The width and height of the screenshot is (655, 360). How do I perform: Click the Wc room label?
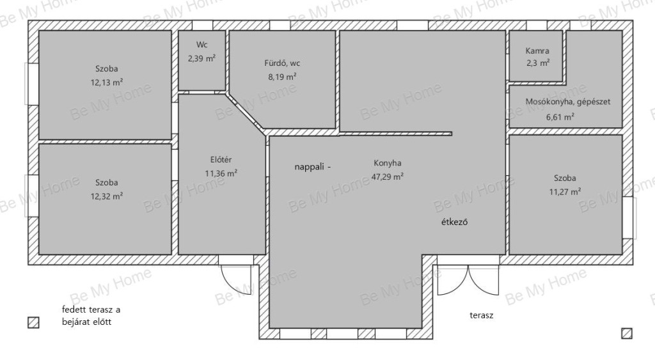pos(201,45)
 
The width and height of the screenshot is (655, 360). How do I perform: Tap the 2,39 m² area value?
pos(201,58)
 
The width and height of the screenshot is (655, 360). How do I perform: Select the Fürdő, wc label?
pos(282,63)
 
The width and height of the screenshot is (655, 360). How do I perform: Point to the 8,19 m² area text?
pos(282,77)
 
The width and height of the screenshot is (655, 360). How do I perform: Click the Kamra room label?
pos(537,51)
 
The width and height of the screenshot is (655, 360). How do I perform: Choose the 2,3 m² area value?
pos(537,63)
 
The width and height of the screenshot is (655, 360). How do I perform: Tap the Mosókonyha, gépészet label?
pos(568,102)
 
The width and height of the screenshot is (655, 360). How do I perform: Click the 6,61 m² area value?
pos(560,117)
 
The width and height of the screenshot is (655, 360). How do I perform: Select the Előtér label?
pos(221,159)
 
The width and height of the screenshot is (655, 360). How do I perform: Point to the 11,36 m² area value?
pos(221,173)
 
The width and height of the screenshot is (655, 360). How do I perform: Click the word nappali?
pos(309,167)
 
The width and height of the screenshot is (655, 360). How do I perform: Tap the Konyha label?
pos(387,163)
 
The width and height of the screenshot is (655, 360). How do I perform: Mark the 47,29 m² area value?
pos(387,176)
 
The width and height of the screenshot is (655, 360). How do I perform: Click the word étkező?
pos(455,222)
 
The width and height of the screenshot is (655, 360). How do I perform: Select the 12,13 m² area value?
pos(107,82)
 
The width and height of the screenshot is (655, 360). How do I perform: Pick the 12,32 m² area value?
pos(107,196)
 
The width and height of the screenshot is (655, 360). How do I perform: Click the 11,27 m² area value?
pos(565,192)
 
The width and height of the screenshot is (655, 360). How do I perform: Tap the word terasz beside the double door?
pos(481,315)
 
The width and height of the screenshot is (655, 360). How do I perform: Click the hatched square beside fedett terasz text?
pos(33,322)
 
